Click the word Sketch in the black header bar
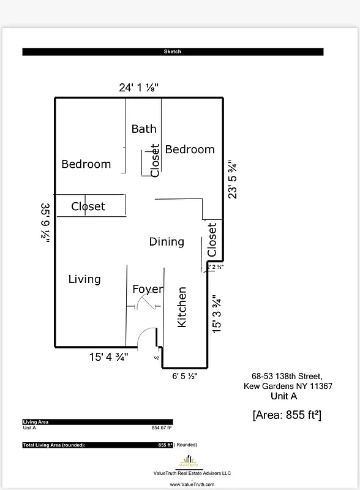[x=173, y=52]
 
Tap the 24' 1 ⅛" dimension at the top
[x=139, y=88]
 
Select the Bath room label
[x=144, y=129]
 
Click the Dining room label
[x=167, y=242]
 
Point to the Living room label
[x=84, y=279]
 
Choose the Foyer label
[x=148, y=289]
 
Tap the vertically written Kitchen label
[x=182, y=307]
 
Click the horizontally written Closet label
[x=88, y=206]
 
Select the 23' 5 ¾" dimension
[x=232, y=179]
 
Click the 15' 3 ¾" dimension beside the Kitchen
[x=216, y=314]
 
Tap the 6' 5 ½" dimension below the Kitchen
[x=185, y=376]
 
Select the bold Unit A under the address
[x=283, y=396]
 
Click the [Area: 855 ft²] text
[x=287, y=415]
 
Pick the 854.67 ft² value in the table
[x=162, y=428]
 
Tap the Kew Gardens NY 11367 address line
[x=288, y=386]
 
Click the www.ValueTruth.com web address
[x=192, y=484]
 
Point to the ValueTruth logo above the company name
[x=190, y=461]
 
